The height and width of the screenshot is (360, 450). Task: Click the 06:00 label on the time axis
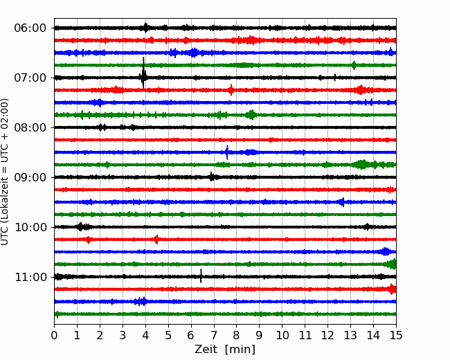point(30,28)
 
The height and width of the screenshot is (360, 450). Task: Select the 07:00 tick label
point(30,78)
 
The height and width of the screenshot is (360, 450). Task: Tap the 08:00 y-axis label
point(30,128)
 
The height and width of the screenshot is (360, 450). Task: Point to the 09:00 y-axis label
point(30,177)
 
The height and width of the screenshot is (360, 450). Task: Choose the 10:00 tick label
point(30,227)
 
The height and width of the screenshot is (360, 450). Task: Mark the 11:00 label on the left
point(30,277)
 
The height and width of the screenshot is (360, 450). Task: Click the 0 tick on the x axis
point(54,335)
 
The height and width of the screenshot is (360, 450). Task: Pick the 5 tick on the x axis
point(168,335)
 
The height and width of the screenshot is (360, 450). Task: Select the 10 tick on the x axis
point(282,335)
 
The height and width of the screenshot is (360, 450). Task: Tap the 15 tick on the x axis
point(396,335)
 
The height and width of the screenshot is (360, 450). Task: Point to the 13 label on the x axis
point(350,335)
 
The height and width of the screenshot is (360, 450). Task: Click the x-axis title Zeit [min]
point(225,350)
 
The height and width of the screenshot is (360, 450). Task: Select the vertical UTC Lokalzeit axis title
point(5,172)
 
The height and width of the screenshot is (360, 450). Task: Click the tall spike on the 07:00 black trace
point(143,73)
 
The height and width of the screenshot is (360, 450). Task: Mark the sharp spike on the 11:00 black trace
point(201,276)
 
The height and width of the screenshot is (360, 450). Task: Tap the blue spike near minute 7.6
point(227,152)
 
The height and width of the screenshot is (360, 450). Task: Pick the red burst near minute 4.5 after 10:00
point(156,239)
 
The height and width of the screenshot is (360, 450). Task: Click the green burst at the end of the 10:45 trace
point(392,264)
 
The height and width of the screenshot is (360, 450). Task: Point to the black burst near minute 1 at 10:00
point(81,227)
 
